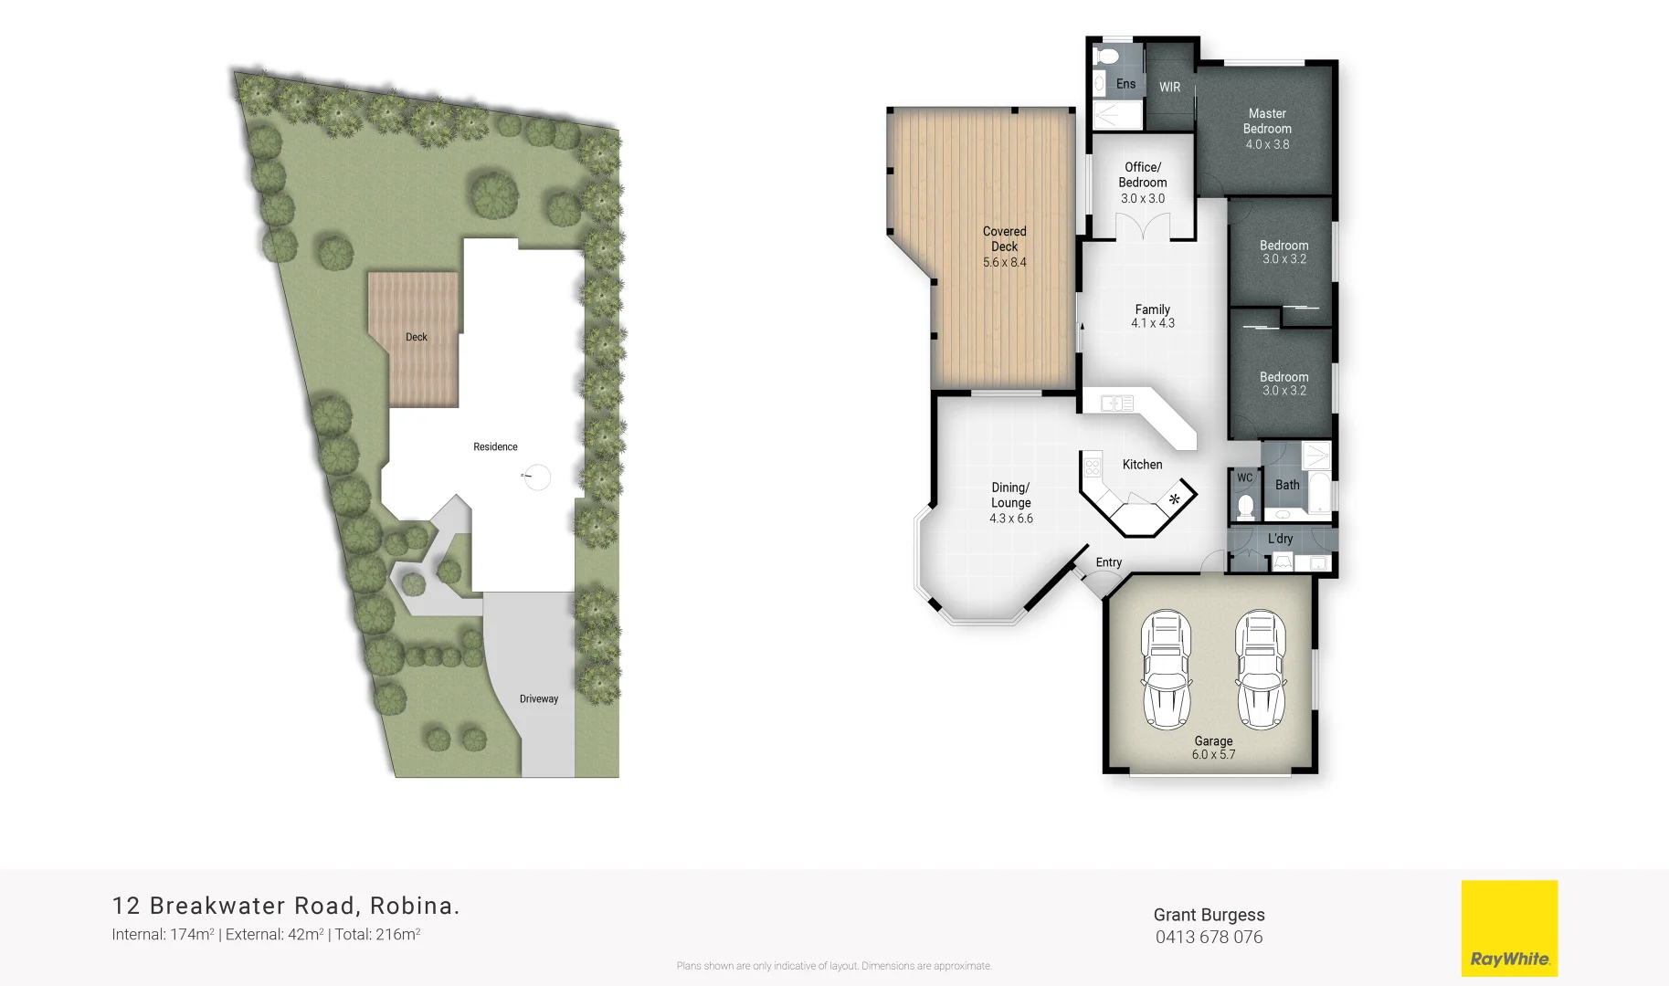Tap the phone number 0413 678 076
tap(1209, 938)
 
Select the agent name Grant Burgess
tap(1209, 915)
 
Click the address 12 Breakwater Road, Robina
tap(286, 906)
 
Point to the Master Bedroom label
tap(1267, 121)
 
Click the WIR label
tap(1169, 88)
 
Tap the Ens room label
tap(1125, 84)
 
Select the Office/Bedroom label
tap(1143, 174)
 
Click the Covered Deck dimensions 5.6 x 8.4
tap(1004, 263)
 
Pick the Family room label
tap(1152, 309)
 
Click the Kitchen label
tap(1142, 465)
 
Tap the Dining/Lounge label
tap(1011, 495)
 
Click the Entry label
tap(1108, 562)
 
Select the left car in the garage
tap(1167, 669)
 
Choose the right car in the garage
tap(1261, 669)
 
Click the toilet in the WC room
tap(1245, 506)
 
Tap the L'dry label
tap(1280, 539)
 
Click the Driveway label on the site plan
tap(539, 699)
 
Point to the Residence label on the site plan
tap(495, 447)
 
